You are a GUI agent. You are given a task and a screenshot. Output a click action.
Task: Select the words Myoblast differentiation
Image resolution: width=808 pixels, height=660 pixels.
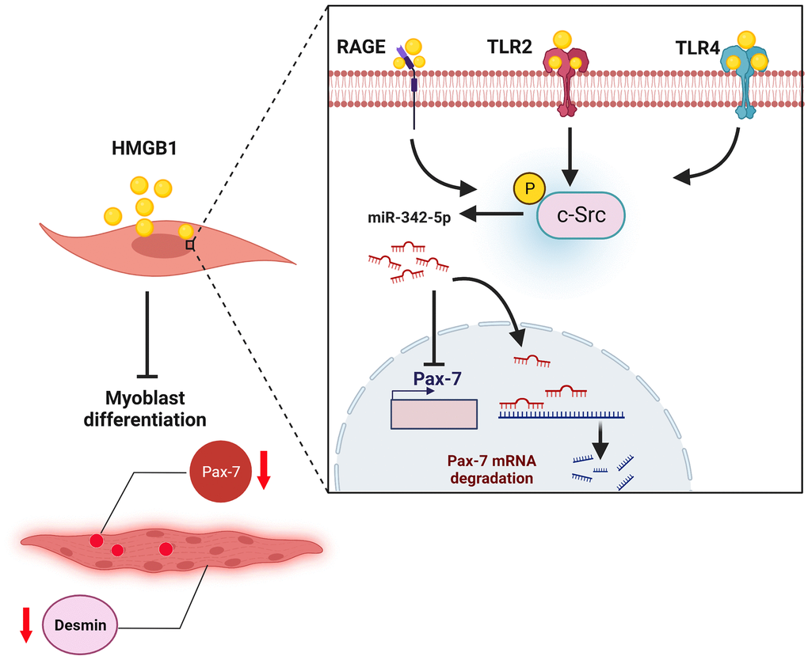(146, 409)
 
